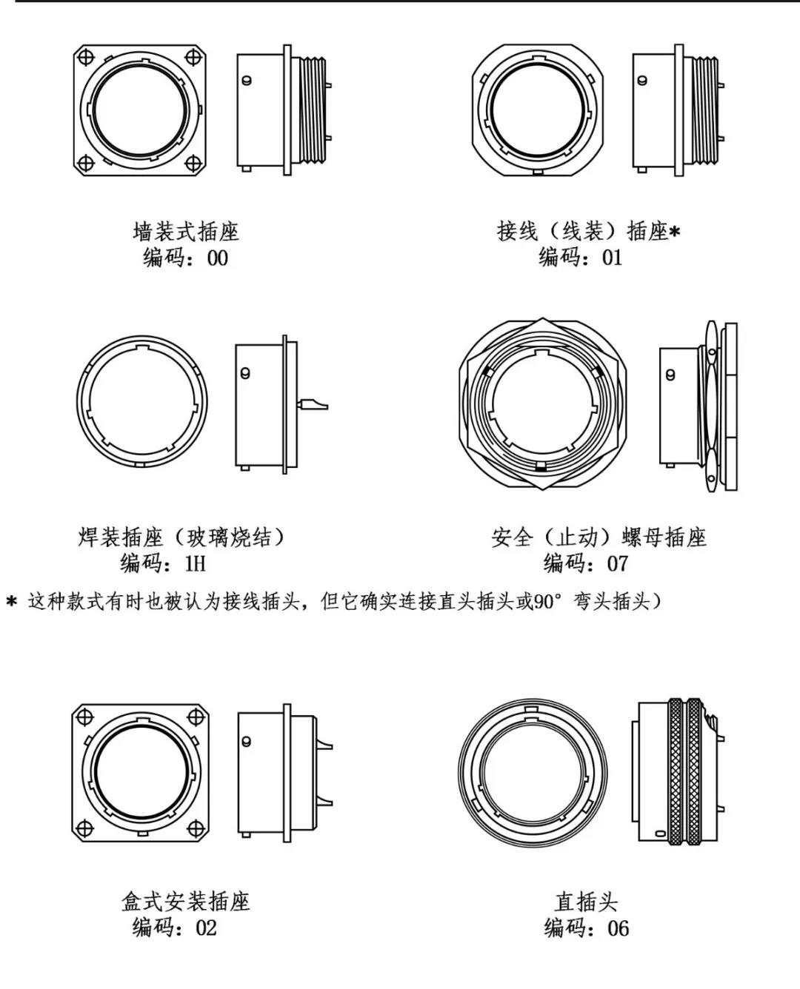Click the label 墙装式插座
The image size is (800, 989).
(186, 232)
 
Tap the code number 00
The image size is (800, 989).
(217, 258)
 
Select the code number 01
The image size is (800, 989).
(612, 258)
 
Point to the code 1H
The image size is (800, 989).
(195, 563)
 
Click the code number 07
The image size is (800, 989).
(617, 563)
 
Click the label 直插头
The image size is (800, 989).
(585, 902)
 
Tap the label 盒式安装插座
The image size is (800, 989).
(185, 902)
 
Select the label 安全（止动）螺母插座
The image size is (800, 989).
(599, 537)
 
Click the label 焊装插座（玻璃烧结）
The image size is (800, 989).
(182, 537)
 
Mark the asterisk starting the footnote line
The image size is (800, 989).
(11, 602)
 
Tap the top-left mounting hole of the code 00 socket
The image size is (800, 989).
(86, 57)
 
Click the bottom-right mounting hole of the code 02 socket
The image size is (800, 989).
(196, 828)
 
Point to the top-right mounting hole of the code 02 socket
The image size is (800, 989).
(196, 717)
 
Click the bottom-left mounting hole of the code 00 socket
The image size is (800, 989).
(86, 164)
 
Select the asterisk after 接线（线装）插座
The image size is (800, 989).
(675, 232)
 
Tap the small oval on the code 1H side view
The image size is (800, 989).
(245, 373)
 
